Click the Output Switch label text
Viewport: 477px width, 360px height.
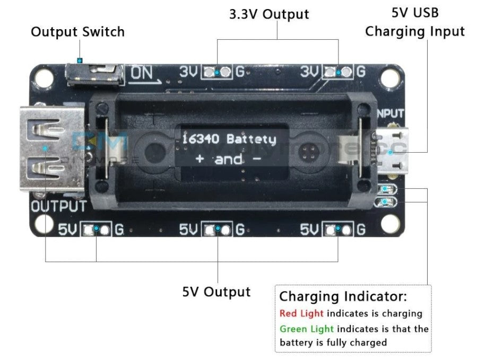tap(77, 32)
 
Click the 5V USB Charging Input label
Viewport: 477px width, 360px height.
tap(415, 22)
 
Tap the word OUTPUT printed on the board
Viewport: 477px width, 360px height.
tap(58, 206)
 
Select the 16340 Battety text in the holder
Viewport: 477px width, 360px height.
tap(229, 139)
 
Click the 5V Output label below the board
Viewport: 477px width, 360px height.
tap(216, 292)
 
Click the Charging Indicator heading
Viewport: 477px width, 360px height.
tap(343, 296)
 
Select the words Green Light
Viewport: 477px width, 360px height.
tap(307, 329)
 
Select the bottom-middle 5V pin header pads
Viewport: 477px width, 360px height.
tap(218, 229)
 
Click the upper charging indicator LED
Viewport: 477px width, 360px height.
tap(386, 189)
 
